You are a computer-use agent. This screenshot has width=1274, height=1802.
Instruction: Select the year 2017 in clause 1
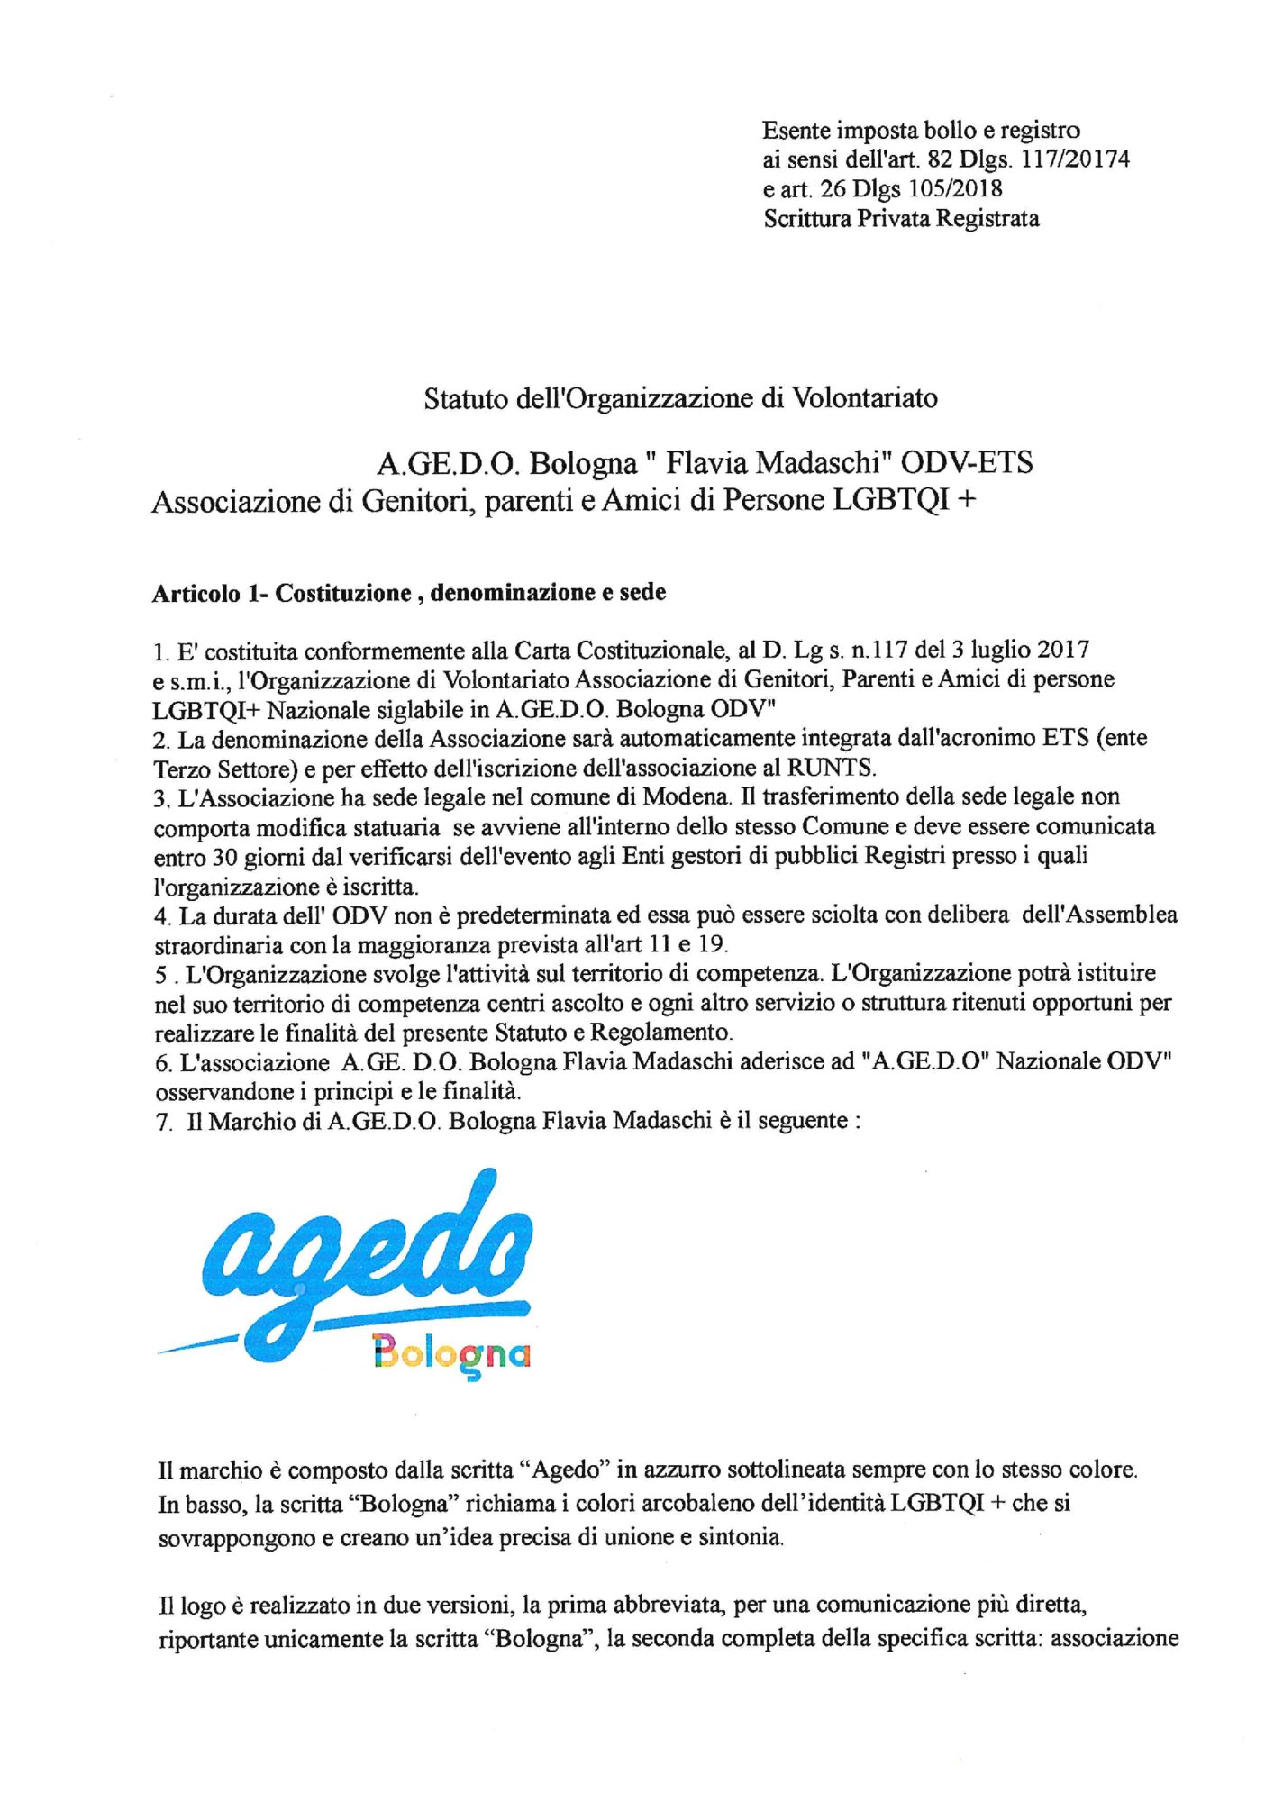tap(1063, 650)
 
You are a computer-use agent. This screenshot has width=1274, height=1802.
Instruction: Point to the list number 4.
tap(161, 916)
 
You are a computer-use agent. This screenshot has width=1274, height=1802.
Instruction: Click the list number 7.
tap(162, 1123)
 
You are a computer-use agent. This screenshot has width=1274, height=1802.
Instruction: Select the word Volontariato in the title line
tap(864, 398)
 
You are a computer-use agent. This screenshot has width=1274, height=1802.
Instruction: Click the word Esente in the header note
tap(796, 131)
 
